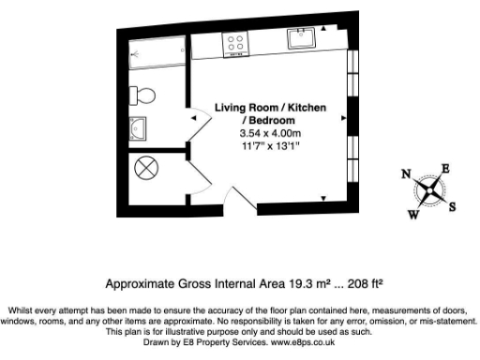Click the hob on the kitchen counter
[235, 42]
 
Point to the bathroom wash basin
[137, 129]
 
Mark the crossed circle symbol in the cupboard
[147, 170]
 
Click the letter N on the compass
[406, 174]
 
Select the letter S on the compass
[451, 207]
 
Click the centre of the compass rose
[429, 191]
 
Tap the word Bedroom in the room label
[273, 121]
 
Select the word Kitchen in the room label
[305, 109]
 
